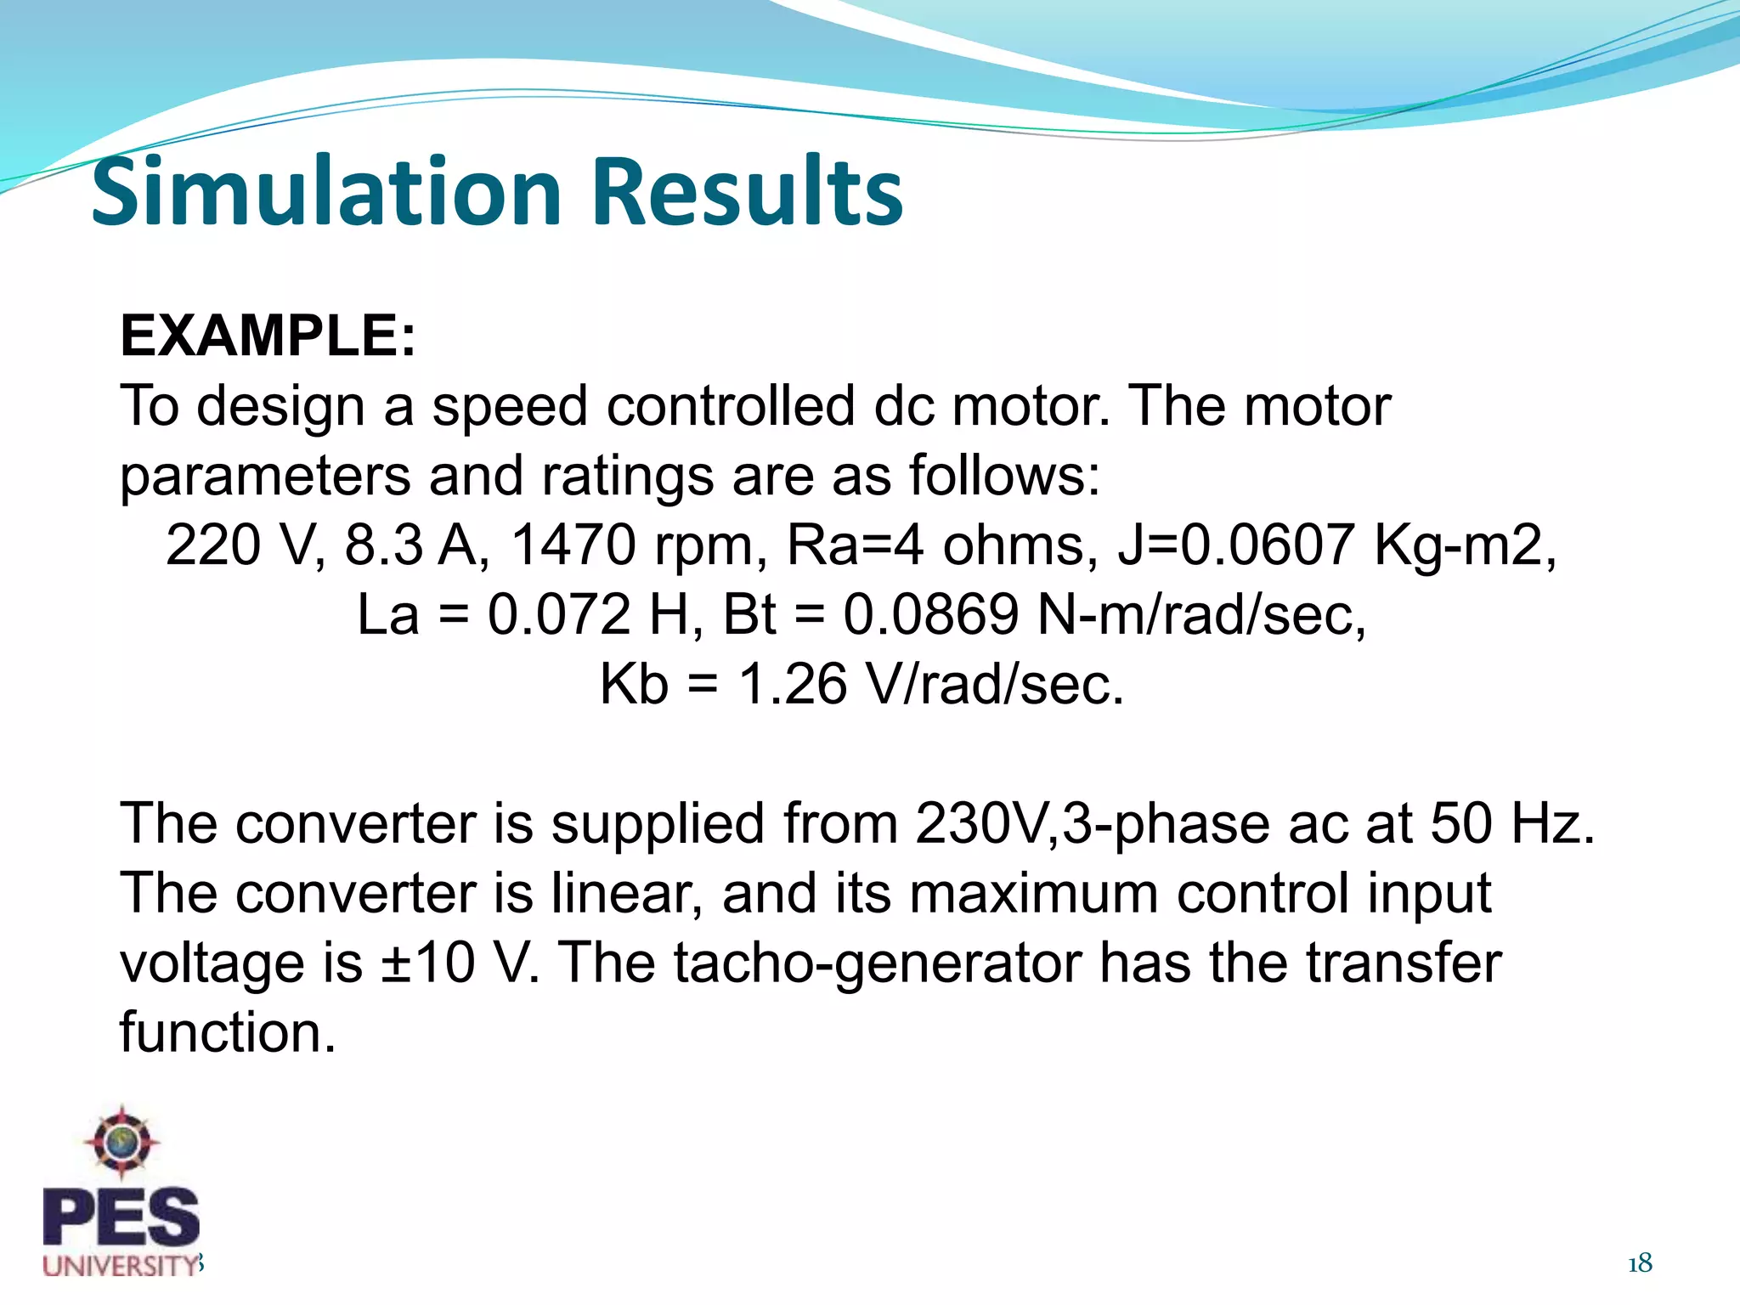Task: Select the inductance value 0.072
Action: pos(560,614)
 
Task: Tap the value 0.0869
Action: pos(930,614)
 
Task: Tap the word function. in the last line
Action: pos(228,1032)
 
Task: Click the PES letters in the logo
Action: pos(121,1217)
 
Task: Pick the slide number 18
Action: pos(1640,1263)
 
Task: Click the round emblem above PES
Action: pos(122,1141)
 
